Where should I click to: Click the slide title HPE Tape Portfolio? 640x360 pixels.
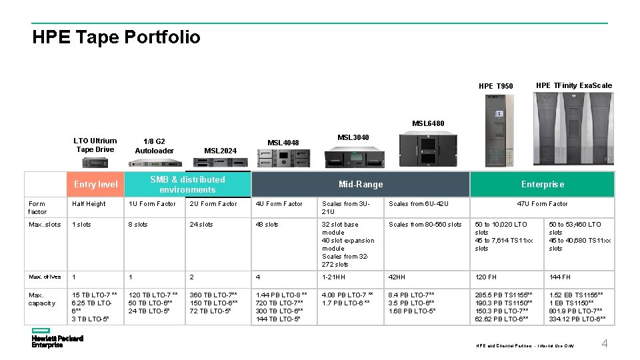click(116, 37)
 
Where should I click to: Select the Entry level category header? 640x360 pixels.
click(95, 185)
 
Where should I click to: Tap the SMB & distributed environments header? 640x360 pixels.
click(187, 185)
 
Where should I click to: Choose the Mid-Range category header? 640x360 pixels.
click(361, 185)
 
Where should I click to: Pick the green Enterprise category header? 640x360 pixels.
click(542, 185)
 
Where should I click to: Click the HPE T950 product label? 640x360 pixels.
click(496, 87)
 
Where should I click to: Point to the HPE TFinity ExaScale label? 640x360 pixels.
click(573, 85)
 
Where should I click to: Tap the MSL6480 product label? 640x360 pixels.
click(428, 123)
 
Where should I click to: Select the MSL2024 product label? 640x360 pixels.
click(220, 151)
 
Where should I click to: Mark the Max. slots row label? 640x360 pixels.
click(45, 225)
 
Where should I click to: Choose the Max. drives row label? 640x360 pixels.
click(45, 277)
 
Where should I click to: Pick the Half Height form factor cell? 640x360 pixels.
click(89, 204)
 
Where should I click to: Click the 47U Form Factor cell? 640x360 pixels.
click(542, 204)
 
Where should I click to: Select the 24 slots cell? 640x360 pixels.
click(203, 225)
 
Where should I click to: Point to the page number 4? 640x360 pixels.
click(605, 343)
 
